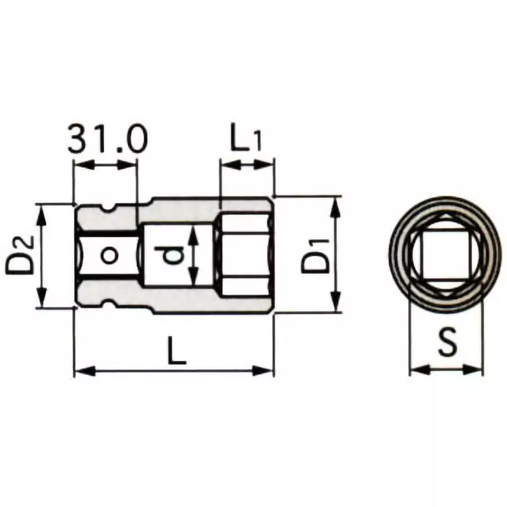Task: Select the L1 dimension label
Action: (245, 139)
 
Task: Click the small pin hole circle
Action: (110, 255)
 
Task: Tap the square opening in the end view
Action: (444, 256)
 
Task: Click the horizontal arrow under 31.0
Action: (105, 165)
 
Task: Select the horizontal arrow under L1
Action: (247, 165)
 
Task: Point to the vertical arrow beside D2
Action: (42, 256)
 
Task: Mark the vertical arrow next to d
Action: (194, 256)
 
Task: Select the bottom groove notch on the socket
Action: (113, 305)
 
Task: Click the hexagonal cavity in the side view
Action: (244, 256)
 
